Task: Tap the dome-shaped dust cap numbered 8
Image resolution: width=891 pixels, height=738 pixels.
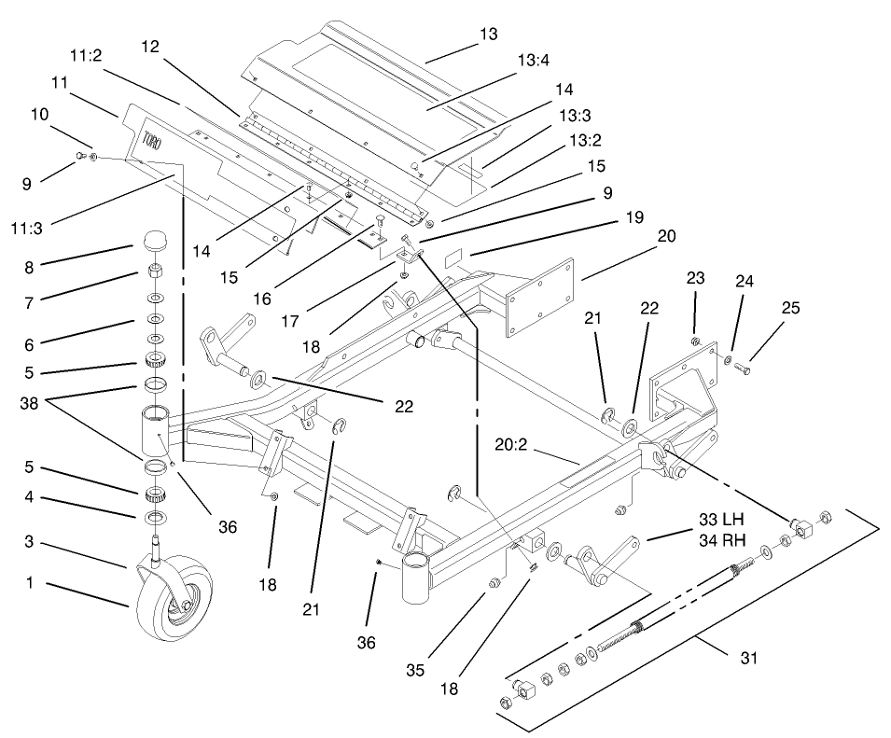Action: pyautogui.click(x=154, y=244)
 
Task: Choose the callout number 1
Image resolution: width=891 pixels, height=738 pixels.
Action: pyautogui.click(x=31, y=584)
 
